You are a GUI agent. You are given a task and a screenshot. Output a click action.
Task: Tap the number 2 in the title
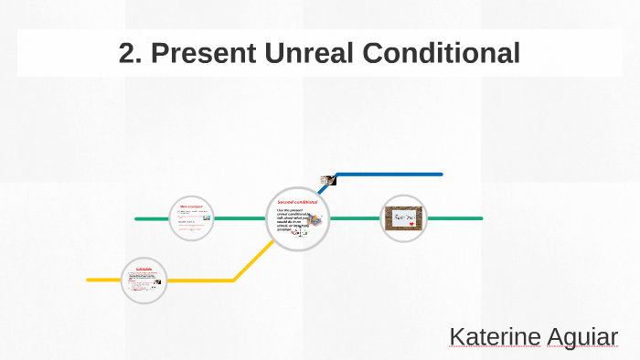coord(128,53)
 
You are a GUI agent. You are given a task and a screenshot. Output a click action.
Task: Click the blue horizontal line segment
coord(389,174)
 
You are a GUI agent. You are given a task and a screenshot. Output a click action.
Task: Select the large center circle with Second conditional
coord(298,219)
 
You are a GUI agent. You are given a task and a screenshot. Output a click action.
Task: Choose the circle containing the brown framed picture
coord(403,218)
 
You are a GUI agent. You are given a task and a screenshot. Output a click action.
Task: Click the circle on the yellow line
coord(144,280)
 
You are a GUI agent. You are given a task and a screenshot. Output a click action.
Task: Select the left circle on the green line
coord(192,218)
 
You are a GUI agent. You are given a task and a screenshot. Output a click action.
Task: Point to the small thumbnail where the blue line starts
coord(325,180)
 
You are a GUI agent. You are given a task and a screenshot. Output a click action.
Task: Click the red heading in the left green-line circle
coord(190,207)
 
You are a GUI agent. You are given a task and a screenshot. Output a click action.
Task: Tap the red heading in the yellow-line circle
coord(144,269)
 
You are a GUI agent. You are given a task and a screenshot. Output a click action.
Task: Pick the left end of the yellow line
coord(89,280)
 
